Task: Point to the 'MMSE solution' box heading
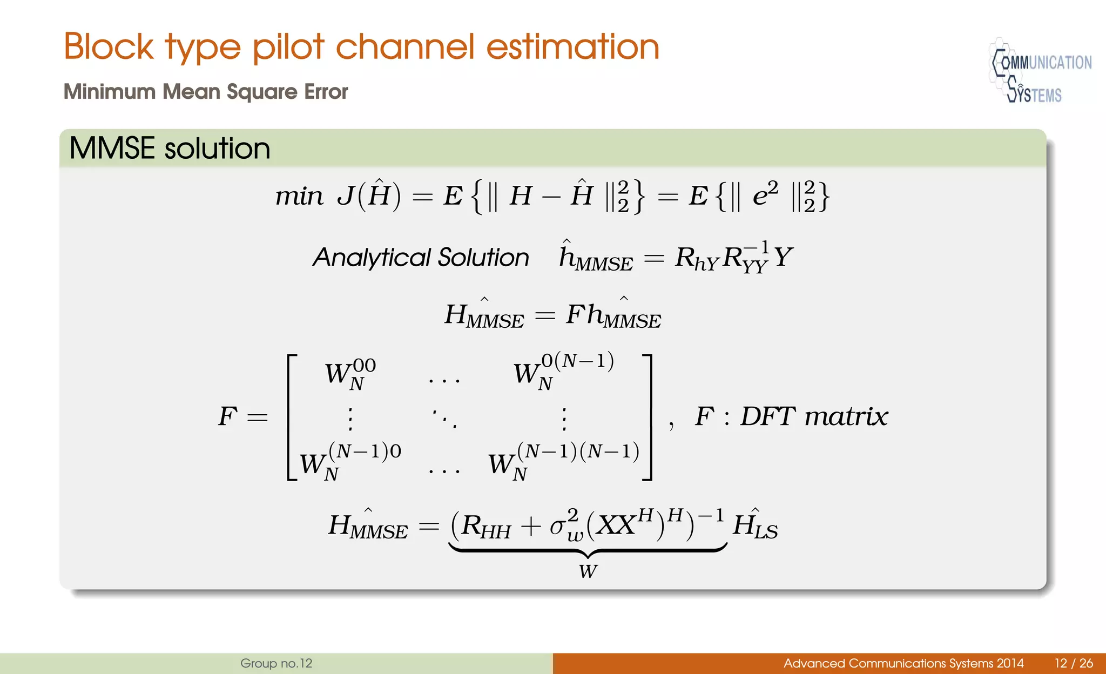point(170,149)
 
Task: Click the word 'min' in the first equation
point(299,196)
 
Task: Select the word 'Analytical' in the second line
point(373,258)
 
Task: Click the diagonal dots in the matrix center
point(444,418)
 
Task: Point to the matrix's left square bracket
point(292,417)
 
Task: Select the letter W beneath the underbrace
point(588,571)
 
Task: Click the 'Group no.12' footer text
point(276,663)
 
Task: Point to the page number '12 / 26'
point(1074,663)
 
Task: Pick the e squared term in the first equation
point(765,195)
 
